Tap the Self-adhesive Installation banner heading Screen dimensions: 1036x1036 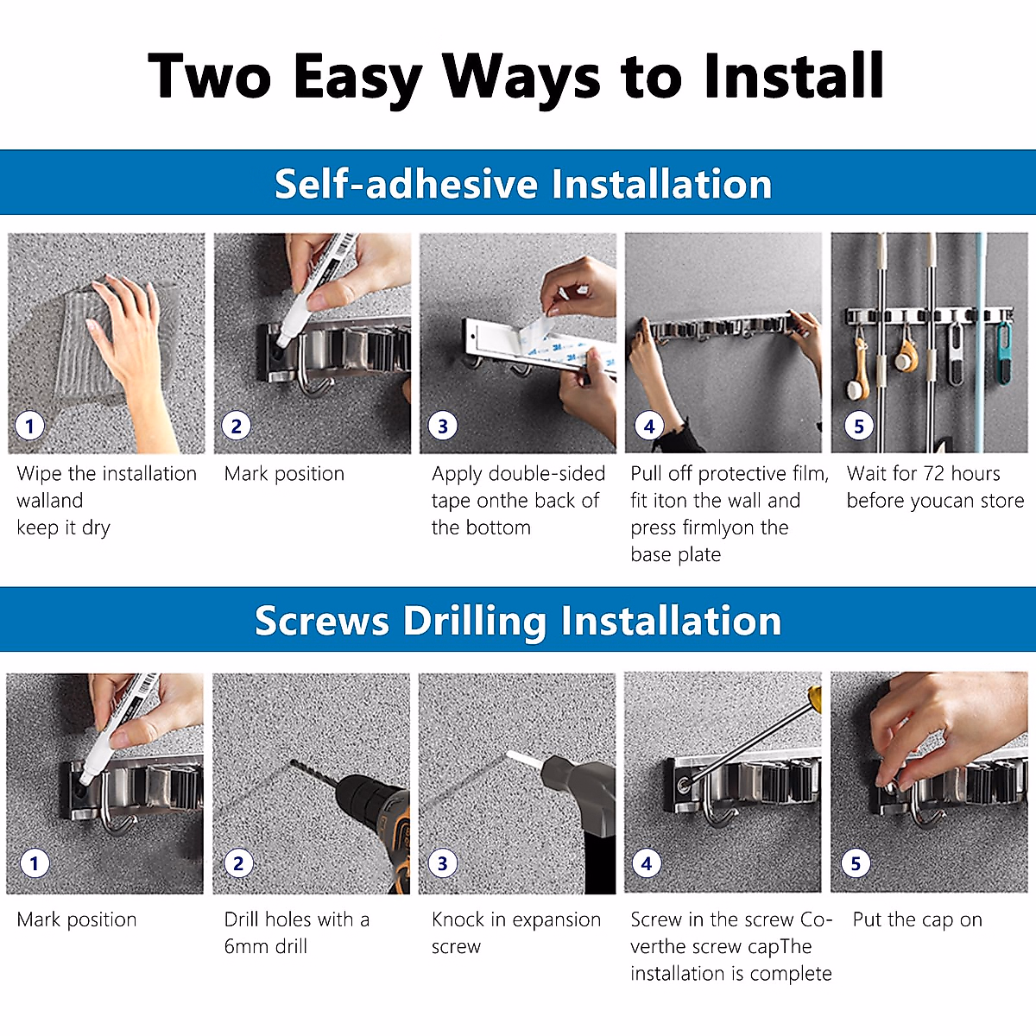(523, 184)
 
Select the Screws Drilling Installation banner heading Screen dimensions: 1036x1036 (518, 621)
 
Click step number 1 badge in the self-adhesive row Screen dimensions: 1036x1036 (29, 426)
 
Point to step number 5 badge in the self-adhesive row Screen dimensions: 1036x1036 (858, 426)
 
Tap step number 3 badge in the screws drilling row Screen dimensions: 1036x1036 (443, 862)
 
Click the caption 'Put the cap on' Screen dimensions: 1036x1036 (917, 920)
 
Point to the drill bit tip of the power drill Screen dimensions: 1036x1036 (293, 762)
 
